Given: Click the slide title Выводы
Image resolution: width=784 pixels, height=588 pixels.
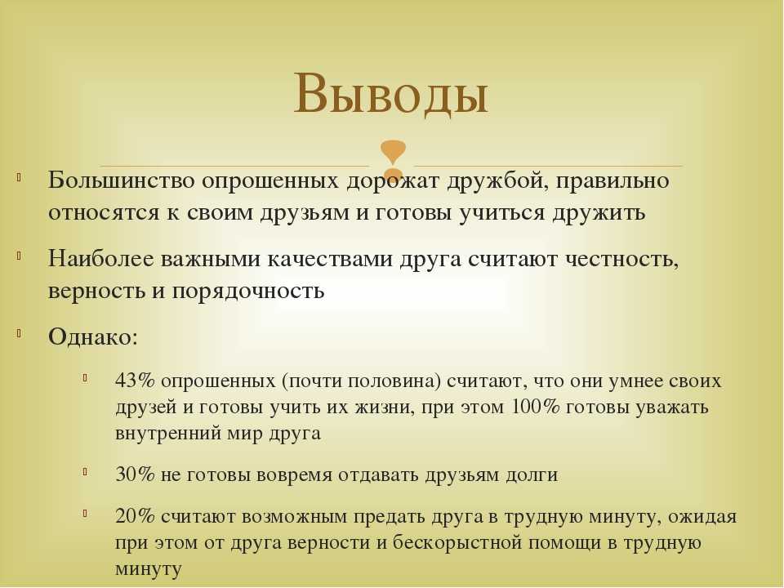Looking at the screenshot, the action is click(x=390, y=93).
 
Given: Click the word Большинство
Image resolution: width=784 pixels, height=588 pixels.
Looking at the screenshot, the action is click(x=121, y=180).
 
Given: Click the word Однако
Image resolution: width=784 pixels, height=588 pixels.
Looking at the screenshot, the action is click(x=92, y=337).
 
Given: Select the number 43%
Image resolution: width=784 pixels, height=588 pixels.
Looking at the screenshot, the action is click(x=135, y=381).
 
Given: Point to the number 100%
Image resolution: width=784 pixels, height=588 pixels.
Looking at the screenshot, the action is click(x=536, y=407).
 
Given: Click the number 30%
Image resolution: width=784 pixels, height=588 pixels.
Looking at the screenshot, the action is click(x=135, y=474).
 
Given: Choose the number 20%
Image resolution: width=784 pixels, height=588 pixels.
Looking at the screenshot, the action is click(x=135, y=516).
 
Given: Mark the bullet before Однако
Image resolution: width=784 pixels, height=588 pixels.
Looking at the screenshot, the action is click(x=19, y=333).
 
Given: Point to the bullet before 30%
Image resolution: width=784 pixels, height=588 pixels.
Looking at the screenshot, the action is click(x=86, y=471).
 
